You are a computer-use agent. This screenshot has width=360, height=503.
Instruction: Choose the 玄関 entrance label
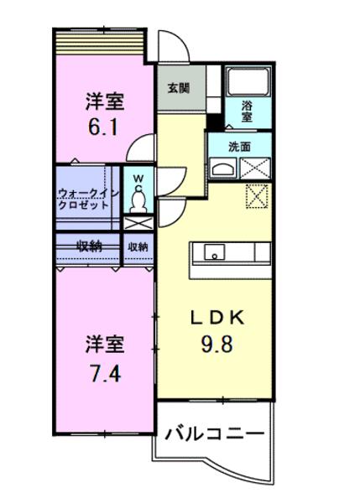coord(177,88)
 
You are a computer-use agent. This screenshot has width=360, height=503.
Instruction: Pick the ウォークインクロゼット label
coord(86,199)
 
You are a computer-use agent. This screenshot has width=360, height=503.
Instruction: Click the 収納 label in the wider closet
coord(90,246)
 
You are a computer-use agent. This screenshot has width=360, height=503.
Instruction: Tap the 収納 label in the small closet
coord(138,246)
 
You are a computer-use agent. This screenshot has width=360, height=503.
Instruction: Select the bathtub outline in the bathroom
coord(247,81)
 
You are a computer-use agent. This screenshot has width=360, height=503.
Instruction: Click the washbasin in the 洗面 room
coord(224,168)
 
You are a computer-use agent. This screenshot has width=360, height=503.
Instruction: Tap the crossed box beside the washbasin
coord(255,168)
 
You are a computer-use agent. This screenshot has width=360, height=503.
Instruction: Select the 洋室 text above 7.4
coord(105,345)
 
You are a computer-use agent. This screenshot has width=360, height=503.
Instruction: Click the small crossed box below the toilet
coord(138,224)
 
